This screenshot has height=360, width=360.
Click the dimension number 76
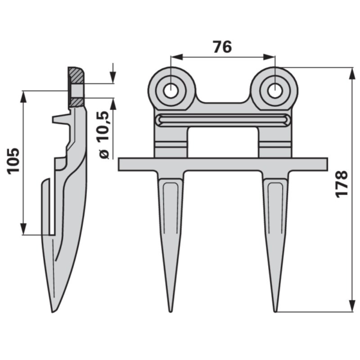222,47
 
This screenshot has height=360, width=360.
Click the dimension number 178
342,184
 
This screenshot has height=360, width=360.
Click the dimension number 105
14,161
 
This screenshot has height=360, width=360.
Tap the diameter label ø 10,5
104,135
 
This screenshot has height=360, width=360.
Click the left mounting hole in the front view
170,90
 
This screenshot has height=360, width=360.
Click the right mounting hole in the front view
275,90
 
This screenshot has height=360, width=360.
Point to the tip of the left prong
170,311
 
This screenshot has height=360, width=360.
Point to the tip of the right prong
275,311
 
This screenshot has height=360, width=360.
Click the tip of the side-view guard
53,312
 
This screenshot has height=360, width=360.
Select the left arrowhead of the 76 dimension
176,57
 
